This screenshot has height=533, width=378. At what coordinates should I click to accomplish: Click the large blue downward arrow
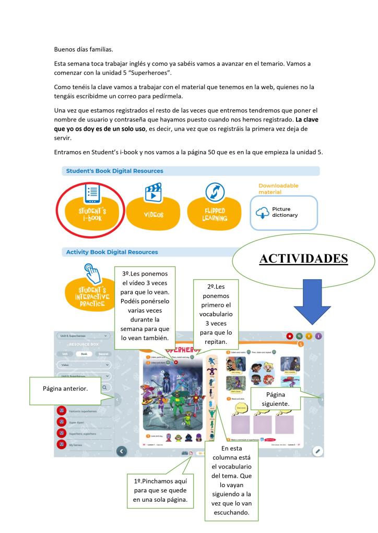(x=313, y=302)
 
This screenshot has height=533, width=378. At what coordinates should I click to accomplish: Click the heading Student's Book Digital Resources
(x=114, y=171)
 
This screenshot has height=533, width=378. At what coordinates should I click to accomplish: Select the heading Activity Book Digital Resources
(x=112, y=252)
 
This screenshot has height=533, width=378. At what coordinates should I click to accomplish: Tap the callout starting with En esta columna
(x=233, y=480)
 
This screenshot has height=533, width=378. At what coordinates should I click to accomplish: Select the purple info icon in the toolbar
(x=318, y=336)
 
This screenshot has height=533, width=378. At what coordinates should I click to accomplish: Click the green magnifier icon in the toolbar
(x=299, y=336)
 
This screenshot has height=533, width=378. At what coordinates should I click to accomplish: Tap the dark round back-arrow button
(x=122, y=451)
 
